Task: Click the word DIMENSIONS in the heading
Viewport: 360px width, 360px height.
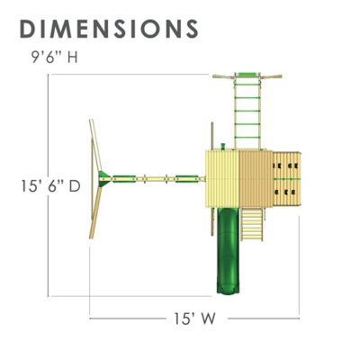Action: point(109,29)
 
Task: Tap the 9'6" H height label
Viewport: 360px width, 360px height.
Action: point(55,57)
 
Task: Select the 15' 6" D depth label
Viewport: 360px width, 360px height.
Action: point(50,186)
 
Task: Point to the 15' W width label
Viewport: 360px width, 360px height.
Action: point(194,318)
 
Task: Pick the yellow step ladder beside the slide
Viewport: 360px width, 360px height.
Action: point(252,224)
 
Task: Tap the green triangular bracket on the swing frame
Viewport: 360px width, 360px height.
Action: point(104,179)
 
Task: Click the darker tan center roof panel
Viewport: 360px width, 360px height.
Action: point(256,179)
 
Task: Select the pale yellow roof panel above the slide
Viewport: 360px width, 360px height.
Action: point(222,179)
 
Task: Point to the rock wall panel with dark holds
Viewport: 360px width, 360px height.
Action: point(287,179)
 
